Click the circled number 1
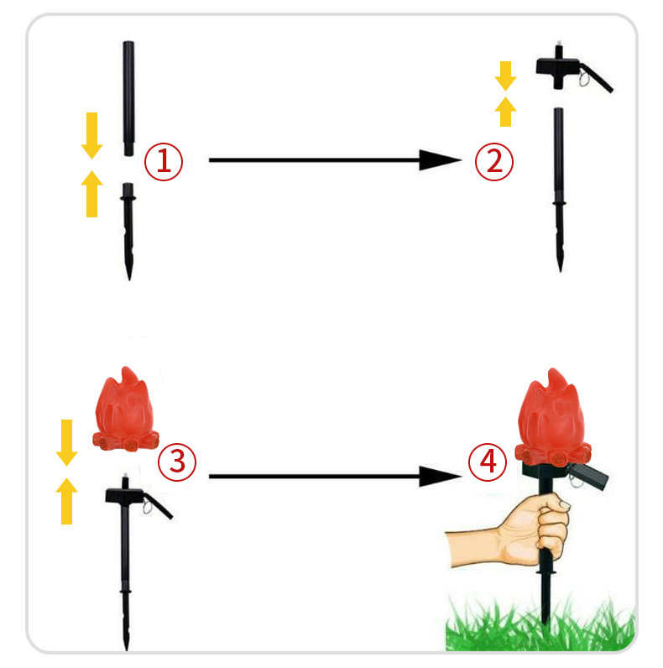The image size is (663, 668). [x=164, y=161]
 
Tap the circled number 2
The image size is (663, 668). [x=494, y=161]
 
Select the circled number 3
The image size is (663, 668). [x=177, y=462]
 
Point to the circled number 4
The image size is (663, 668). [x=488, y=462]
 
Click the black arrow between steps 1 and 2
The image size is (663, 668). [x=336, y=160]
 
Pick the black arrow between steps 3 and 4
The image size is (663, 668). [x=336, y=477]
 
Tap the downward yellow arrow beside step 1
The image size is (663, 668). [x=92, y=135]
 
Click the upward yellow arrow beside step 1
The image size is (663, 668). [x=92, y=194]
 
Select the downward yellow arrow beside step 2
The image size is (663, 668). [x=506, y=76]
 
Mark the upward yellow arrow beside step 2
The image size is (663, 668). [x=506, y=112]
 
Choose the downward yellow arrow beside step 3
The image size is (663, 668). [x=67, y=442]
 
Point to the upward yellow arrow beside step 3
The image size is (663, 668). [x=67, y=501]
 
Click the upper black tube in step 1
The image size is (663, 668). [x=128, y=98]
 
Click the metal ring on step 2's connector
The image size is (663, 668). [x=583, y=79]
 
